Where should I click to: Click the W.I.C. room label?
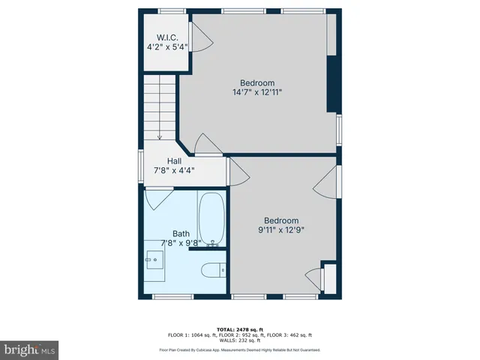[166, 37]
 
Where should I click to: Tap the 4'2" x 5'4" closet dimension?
[166, 46]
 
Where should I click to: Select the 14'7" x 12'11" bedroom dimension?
[257, 92]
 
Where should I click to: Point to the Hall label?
[174, 160]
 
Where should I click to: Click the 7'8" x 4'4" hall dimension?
[174, 170]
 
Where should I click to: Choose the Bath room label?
[181, 233]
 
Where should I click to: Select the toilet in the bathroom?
[213, 268]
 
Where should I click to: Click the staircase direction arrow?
[160, 135]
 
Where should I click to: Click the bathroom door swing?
[158, 197]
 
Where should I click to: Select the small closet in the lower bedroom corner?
[328, 278]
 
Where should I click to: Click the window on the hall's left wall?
[140, 166]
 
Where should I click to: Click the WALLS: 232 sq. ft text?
[240, 341]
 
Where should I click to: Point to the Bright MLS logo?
[30, 349]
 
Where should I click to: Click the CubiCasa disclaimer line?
[240, 349]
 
